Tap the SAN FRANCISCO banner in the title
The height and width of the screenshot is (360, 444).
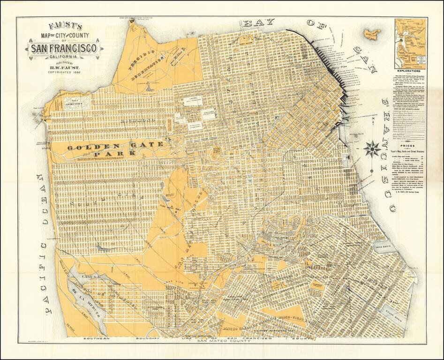(x=64, y=48)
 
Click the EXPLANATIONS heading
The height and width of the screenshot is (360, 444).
(x=410, y=71)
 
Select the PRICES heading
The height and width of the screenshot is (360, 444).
(x=410, y=146)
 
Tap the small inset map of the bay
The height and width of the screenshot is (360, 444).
(x=411, y=43)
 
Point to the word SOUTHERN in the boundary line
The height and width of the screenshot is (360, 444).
(x=97, y=338)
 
